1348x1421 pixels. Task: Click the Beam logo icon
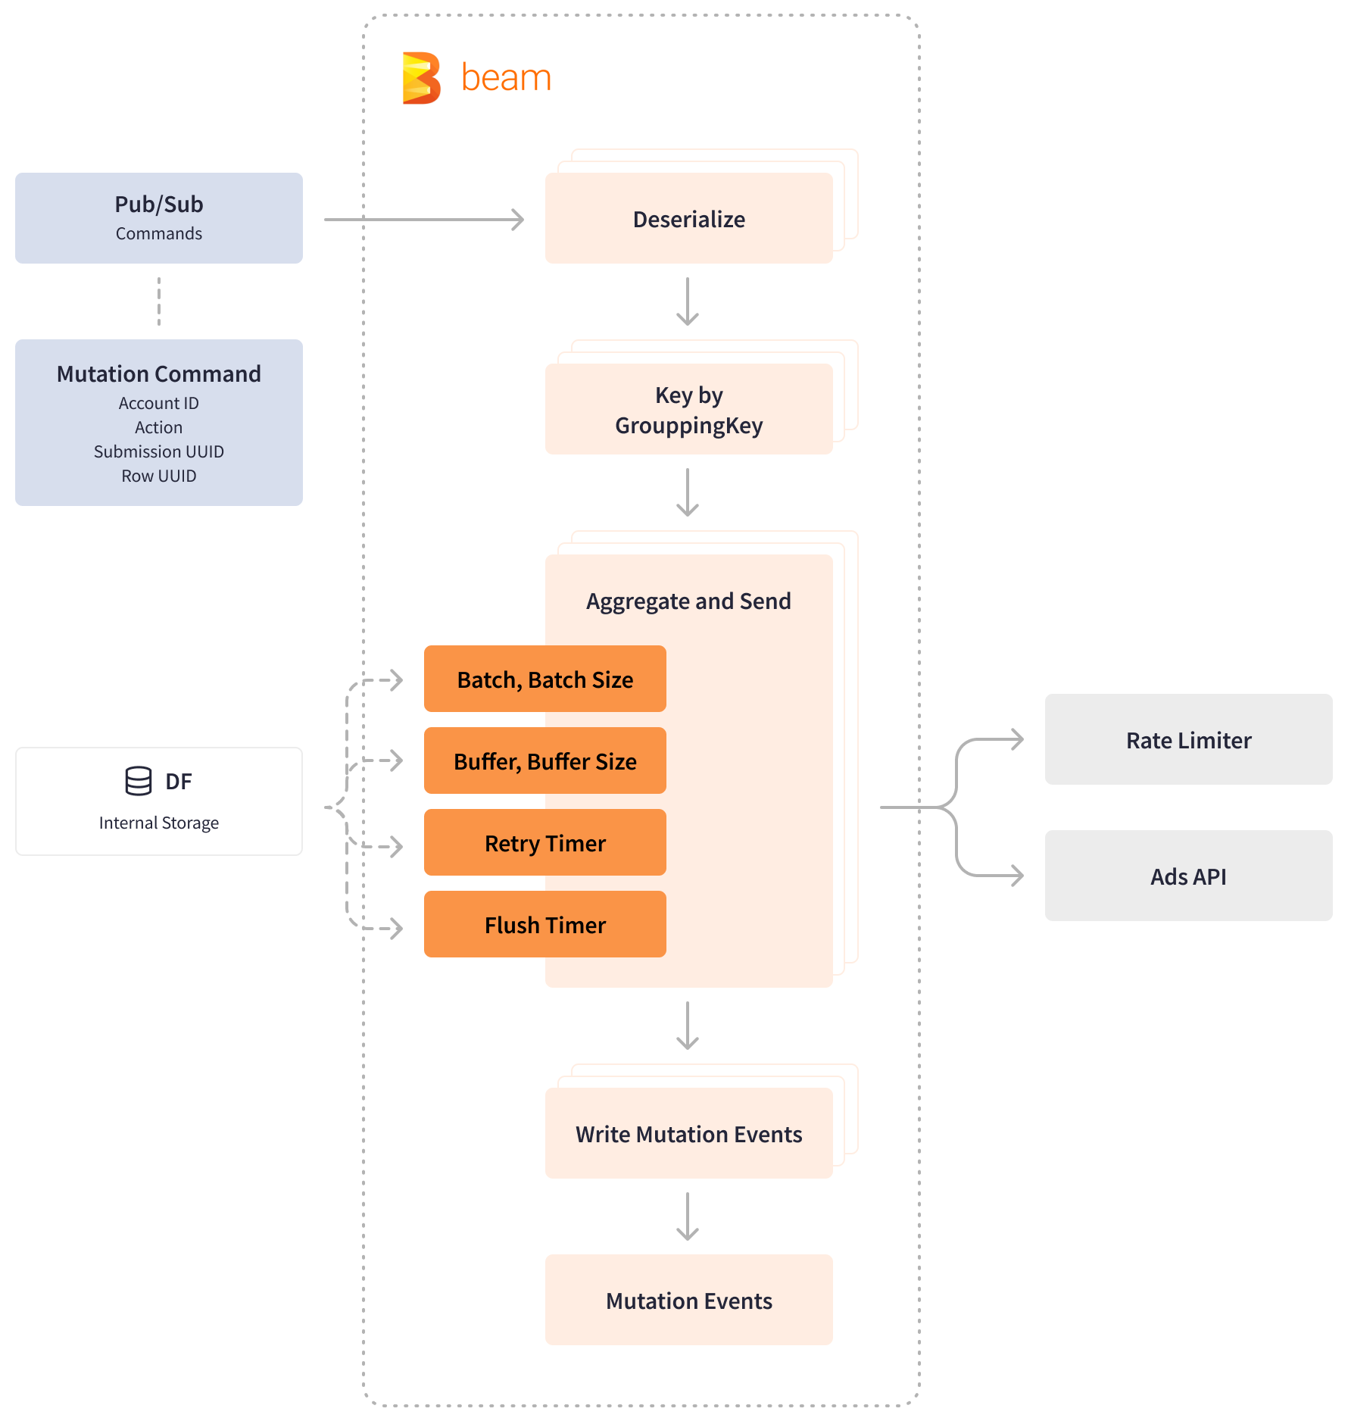pos(421,78)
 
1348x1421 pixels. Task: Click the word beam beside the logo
pos(506,78)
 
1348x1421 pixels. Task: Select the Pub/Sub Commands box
pos(159,218)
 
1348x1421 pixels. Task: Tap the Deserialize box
pos(688,219)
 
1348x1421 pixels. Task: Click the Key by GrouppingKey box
pos(688,410)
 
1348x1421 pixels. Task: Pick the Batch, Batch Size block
pos(545,679)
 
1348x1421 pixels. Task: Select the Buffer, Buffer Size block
pos(545,761)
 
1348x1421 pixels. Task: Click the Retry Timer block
pos(545,843)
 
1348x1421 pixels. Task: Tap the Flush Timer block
pos(545,925)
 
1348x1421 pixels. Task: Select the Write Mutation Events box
pos(688,1134)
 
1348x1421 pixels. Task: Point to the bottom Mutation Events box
pos(688,1301)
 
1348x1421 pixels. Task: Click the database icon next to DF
pos(139,781)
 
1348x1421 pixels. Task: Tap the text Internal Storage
pos(159,823)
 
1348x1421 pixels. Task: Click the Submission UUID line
pos(159,451)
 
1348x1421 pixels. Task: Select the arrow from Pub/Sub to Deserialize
pos(424,220)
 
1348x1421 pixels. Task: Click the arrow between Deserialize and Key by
pos(688,301)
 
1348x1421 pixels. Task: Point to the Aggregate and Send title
pos(688,601)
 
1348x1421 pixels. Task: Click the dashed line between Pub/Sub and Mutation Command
pos(159,301)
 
